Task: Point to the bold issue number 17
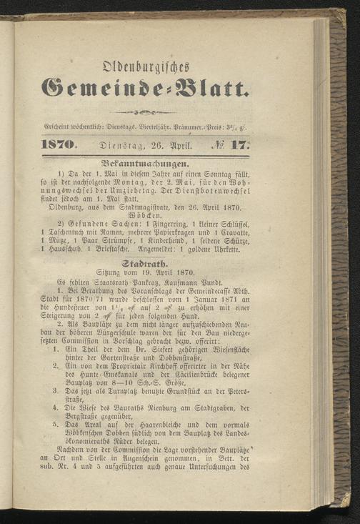[239, 144]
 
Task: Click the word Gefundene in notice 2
[84, 224]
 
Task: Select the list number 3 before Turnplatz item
[56, 390]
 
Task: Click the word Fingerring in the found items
[171, 224]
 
